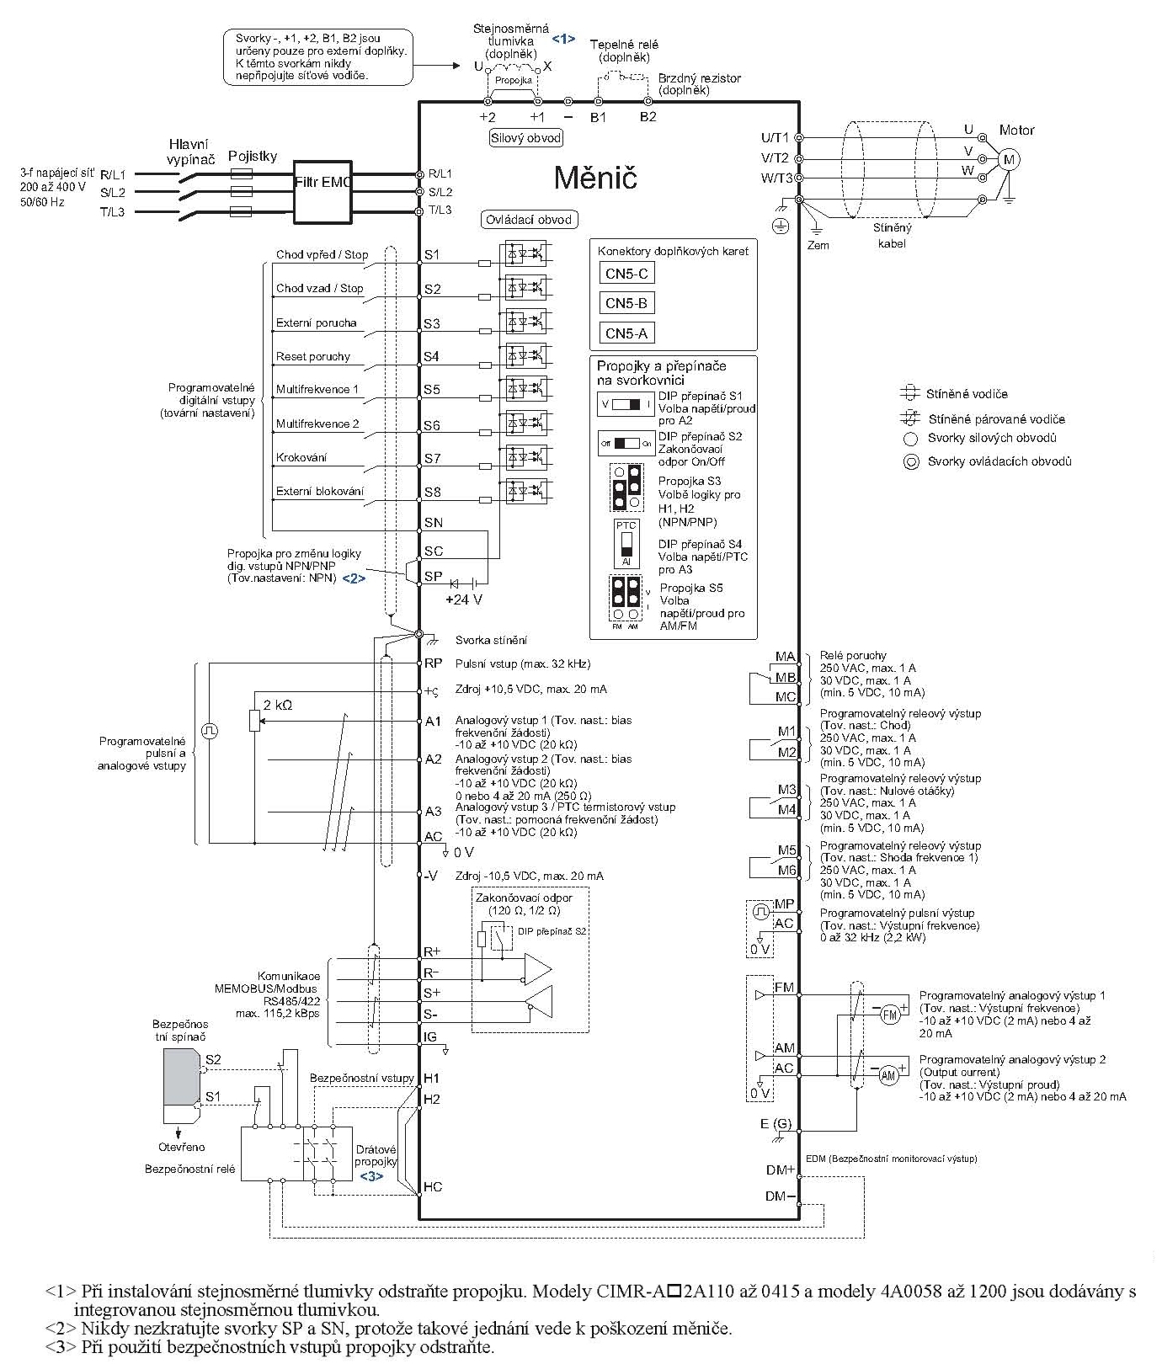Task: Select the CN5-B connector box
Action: [626, 303]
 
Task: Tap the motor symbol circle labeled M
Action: [1008, 159]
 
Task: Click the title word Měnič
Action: [594, 178]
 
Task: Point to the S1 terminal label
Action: [432, 253]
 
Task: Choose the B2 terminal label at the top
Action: [647, 117]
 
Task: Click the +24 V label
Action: [464, 599]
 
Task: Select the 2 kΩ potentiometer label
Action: [277, 705]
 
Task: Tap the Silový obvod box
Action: [525, 138]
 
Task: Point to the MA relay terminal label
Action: [785, 657]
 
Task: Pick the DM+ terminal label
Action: [781, 1170]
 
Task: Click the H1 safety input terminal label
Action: [432, 1078]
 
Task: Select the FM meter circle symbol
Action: [891, 1015]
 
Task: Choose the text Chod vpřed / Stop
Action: [322, 254]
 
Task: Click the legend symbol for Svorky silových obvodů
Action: [909, 438]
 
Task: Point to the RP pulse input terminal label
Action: [433, 663]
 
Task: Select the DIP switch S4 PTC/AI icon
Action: [626, 544]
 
